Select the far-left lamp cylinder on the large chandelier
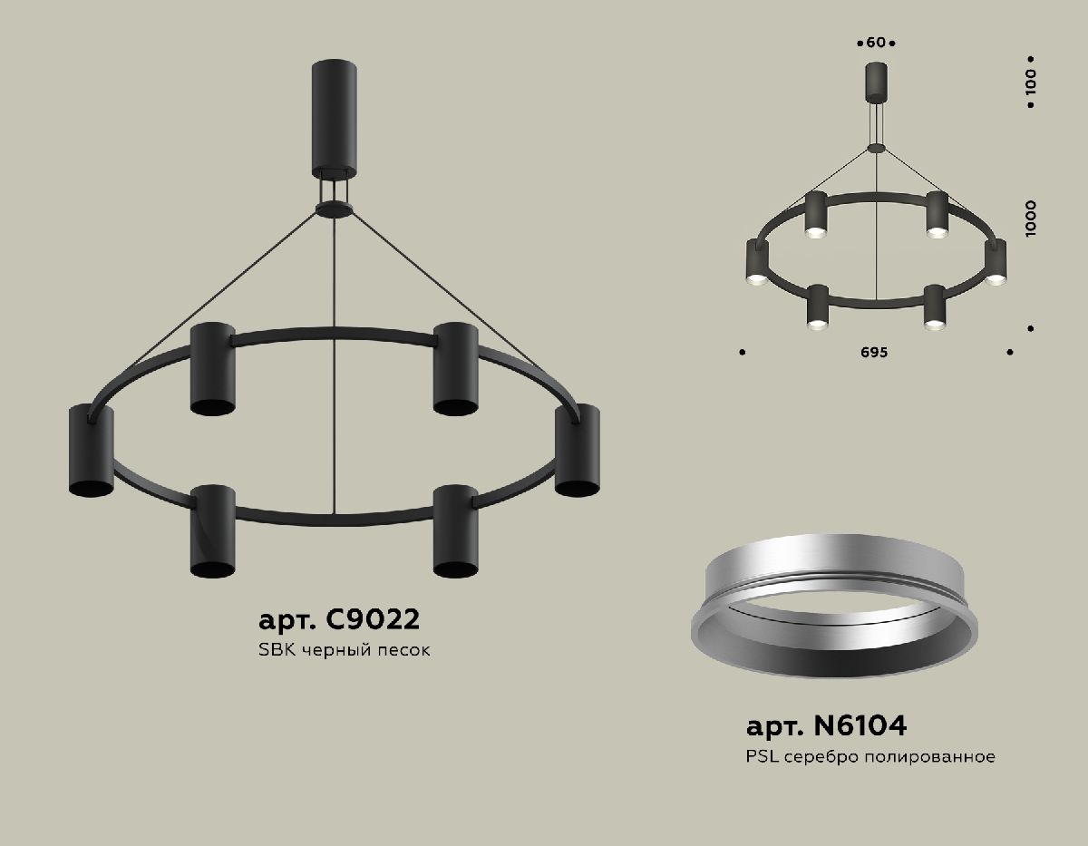point(91,451)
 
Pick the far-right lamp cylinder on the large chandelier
point(578,451)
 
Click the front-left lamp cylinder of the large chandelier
point(212,530)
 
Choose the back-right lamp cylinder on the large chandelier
point(455,368)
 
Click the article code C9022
point(339,620)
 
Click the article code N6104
point(826,725)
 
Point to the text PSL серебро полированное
point(870,756)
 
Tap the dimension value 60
point(876,43)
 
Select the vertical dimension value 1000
point(1031,219)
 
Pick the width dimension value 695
point(876,352)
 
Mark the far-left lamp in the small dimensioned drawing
point(754,261)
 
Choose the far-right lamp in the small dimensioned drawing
point(996,261)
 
